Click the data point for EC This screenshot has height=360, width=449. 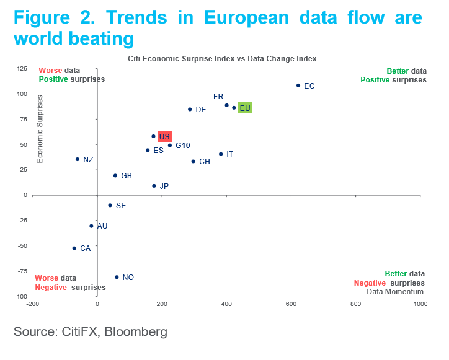pos(298,86)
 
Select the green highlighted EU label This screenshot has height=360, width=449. pos(245,108)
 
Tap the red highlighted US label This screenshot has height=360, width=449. pos(164,136)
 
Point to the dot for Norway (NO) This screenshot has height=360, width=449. pos(117,277)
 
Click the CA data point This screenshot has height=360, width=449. pos(74,248)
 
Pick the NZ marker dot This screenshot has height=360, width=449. pos(78,159)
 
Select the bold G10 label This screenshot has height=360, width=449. pos(182,146)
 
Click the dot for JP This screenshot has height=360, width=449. pos(154,186)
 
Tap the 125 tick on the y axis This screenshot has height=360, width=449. pos(20,68)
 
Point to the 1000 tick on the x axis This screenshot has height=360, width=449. pos(420,304)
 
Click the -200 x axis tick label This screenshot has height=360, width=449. pos(32,304)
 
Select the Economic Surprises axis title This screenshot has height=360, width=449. pos(40,129)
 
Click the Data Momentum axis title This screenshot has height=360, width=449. pos(395,291)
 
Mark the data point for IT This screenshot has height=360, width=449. pos(221,154)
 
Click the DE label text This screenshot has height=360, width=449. pos(201,110)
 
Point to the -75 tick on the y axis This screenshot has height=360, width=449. pos(22,271)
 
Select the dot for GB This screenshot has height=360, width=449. pos(115,175)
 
